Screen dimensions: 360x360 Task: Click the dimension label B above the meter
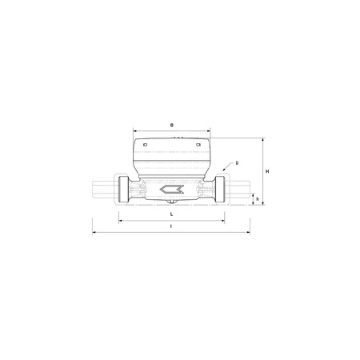173,126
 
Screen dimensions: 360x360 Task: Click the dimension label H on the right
269,171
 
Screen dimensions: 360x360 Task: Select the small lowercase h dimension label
258,198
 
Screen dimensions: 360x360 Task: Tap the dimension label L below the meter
173,215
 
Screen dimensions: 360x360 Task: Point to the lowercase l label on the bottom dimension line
173,227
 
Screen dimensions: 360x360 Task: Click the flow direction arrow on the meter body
172,190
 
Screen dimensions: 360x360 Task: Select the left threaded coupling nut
124,190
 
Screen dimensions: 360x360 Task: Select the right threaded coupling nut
221,190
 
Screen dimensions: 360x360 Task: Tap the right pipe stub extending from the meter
241,190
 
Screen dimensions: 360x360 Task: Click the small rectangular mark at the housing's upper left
145,144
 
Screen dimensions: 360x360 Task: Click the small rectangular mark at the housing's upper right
200,144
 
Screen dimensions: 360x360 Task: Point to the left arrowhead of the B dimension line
134,131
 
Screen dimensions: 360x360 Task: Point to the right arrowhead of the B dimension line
211,131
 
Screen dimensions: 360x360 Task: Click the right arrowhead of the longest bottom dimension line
250,233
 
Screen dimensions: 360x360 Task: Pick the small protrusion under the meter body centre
173,206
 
